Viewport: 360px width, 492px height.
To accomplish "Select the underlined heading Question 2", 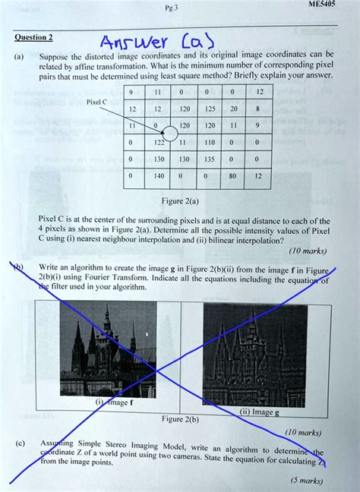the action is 33,37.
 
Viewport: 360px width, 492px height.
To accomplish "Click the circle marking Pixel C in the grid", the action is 169,134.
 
